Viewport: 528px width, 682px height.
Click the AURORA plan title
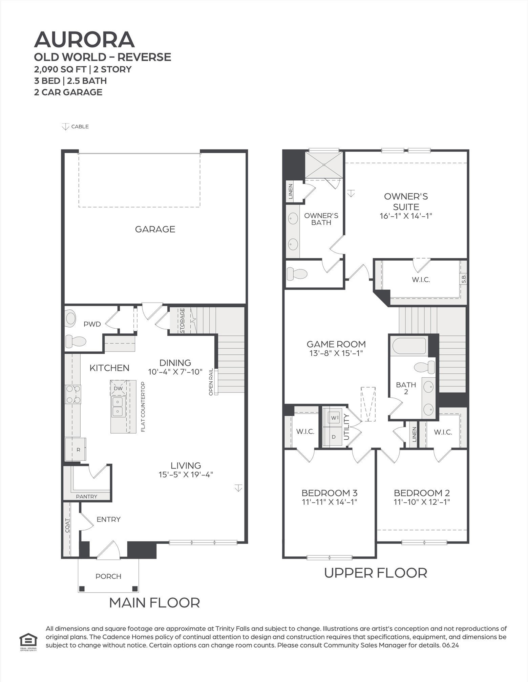tap(84, 40)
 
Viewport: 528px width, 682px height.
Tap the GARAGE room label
tap(155, 229)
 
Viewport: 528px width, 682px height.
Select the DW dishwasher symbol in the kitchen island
tap(118, 389)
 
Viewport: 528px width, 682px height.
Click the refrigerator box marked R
tap(78, 449)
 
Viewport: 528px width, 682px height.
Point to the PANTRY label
tap(86, 497)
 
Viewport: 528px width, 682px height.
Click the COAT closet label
tap(67, 525)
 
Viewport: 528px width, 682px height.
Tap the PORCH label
tap(108, 576)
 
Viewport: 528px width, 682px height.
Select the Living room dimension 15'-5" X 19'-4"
tap(186, 475)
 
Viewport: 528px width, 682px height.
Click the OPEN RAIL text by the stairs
tap(211, 382)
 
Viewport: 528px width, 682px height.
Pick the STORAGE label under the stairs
tap(182, 320)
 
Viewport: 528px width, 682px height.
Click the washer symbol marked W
tap(334, 418)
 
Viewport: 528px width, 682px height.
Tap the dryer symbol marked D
tap(334, 437)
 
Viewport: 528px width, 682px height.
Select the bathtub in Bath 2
tap(409, 346)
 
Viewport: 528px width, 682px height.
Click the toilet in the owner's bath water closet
tap(297, 274)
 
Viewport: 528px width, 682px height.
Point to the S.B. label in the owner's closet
tap(464, 279)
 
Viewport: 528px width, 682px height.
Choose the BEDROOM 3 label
tap(329, 493)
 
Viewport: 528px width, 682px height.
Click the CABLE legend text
tap(80, 127)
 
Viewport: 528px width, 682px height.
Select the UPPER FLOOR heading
tap(375, 573)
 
